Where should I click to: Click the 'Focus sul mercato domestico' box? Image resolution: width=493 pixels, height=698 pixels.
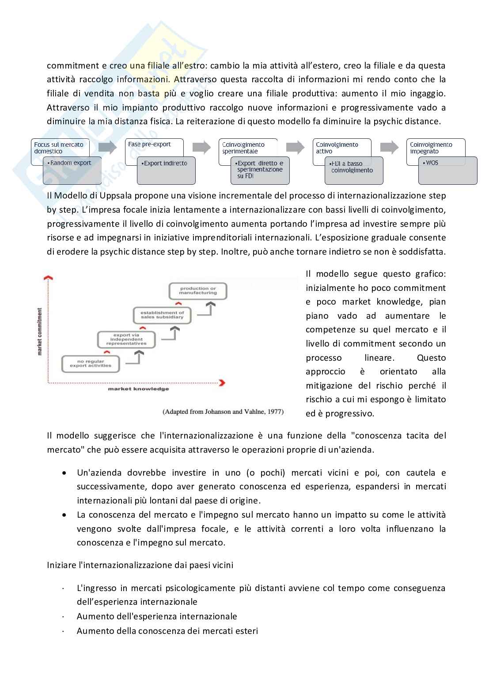(x=59, y=148)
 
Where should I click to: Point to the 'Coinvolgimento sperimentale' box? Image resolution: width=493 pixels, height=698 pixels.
(x=247, y=148)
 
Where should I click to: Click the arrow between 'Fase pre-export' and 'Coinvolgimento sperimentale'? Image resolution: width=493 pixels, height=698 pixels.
(x=201, y=147)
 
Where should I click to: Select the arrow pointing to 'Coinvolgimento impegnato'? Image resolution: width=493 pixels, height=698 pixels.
(x=389, y=147)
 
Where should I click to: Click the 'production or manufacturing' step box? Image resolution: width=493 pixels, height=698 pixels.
(x=198, y=291)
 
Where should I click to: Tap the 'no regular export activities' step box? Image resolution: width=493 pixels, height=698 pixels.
(x=91, y=364)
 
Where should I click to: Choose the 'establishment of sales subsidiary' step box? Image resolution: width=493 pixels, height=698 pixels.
(x=162, y=315)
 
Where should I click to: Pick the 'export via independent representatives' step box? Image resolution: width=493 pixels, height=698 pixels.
(x=126, y=339)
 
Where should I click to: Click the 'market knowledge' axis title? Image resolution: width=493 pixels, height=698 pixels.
(x=138, y=389)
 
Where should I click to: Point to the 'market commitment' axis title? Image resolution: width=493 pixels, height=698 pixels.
(x=40, y=332)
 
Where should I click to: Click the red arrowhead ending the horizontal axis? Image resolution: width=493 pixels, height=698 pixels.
(x=222, y=382)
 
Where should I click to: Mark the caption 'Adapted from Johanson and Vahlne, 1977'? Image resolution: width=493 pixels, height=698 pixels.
(x=223, y=412)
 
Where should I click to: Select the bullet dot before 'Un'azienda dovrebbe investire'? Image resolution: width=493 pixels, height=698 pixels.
(x=65, y=473)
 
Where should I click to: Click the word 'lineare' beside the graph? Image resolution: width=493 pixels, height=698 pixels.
(x=379, y=358)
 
